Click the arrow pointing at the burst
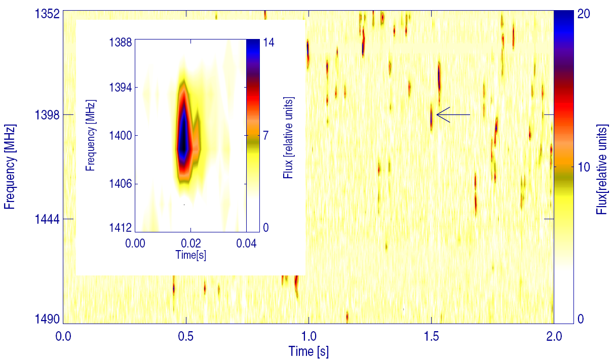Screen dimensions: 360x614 click(x=453, y=115)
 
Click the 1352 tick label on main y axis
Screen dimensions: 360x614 click(x=46, y=14)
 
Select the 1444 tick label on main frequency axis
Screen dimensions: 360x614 click(x=46, y=219)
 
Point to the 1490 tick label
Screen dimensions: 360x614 click(x=46, y=319)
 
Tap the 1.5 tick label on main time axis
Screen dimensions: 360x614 click(x=431, y=335)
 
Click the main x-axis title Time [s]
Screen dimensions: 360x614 click(x=309, y=351)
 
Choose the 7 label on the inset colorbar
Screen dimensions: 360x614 click(x=265, y=136)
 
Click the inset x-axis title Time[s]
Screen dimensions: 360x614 click(x=190, y=255)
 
